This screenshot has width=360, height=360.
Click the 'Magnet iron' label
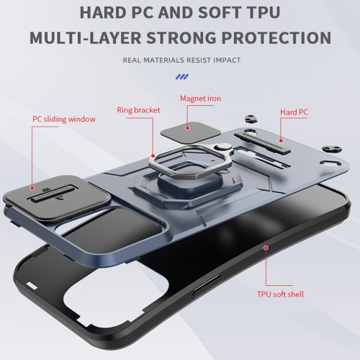(200, 99)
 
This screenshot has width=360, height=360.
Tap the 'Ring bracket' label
(138, 110)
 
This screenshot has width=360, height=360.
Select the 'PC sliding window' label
(64, 119)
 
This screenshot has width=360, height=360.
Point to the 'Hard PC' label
(294, 112)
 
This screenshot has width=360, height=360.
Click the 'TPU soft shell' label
(280, 294)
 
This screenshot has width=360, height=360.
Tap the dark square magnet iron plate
(191, 132)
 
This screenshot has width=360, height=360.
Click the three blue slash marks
(182, 77)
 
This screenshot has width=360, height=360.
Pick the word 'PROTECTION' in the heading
(276, 37)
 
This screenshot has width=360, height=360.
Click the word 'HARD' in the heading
(103, 12)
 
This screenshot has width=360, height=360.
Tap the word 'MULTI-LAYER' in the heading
(85, 37)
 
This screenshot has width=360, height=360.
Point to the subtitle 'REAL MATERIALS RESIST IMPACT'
(181, 60)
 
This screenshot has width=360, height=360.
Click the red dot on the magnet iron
(188, 128)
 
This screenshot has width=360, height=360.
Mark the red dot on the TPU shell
(266, 248)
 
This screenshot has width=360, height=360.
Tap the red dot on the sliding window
(32, 188)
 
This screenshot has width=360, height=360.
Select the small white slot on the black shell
(32, 286)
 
